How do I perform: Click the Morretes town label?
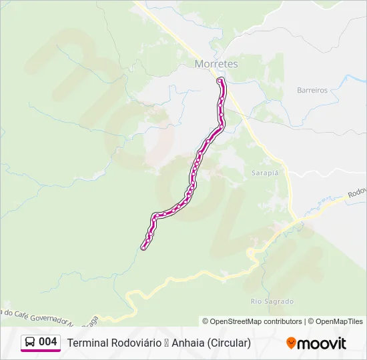pyautogui.click(x=216, y=64)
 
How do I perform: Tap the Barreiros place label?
pyautogui.click(x=312, y=90)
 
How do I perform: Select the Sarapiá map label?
pyautogui.click(x=264, y=171)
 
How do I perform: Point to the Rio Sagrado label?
pyautogui.click(x=272, y=301)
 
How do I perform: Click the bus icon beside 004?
pyautogui.click(x=30, y=343)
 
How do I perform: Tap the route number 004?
pyautogui.click(x=48, y=343)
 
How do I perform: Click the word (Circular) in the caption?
pyautogui.click(x=229, y=343)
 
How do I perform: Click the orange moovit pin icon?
pyautogui.click(x=291, y=343)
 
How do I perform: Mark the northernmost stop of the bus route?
pyautogui.click(x=220, y=81)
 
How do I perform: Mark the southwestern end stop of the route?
pyautogui.click(x=143, y=248)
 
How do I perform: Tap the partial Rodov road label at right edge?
pyautogui.click(x=356, y=192)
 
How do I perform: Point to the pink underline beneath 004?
pyautogui.click(x=41, y=351)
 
